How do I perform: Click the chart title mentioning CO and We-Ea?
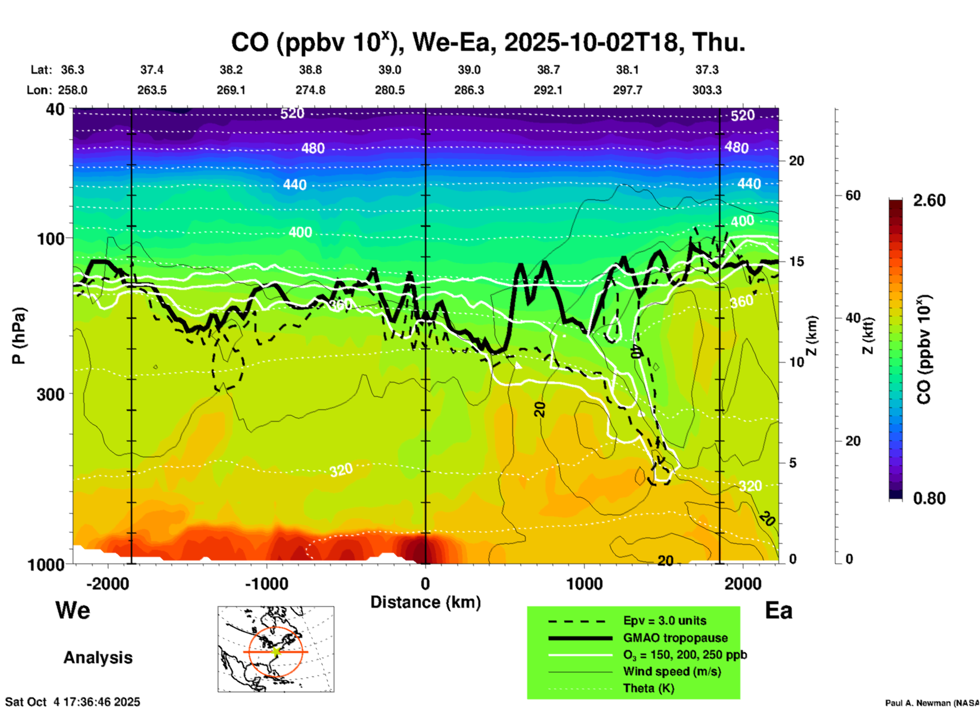point(487,43)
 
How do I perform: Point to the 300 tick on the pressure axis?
point(51,394)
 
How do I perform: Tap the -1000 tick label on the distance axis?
point(266,583)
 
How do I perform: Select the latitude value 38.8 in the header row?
point(310,70)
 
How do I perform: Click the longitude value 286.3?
point(469,90)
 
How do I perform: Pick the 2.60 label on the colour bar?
point(929,200)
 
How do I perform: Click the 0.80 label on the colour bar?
point(929,498)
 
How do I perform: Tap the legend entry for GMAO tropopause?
point(675,638)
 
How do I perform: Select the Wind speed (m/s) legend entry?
point(672,671)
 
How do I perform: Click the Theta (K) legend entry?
point(648,688)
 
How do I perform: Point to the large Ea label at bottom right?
point(779,611)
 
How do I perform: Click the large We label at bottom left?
point(73,610)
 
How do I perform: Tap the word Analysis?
point(98,658)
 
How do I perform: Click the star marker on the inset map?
point(276,652)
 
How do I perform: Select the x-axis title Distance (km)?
point(425,602)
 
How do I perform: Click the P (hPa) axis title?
point(19,336)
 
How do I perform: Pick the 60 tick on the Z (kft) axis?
point(853,195)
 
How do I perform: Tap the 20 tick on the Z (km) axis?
point(796,161)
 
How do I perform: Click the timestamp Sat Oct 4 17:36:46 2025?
point(73,702)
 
